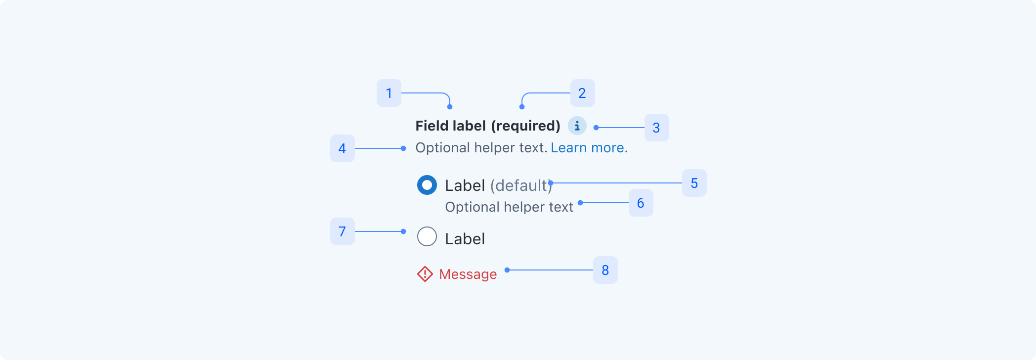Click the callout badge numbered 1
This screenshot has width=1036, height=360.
click(389, 93)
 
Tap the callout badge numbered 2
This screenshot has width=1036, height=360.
click(583, 93)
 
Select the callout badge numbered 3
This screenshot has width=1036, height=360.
click(657, 128)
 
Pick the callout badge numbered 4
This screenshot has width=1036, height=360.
click(343, 148)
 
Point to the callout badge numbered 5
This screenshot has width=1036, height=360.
click(694, 183)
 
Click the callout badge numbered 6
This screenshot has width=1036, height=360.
click(641, 203)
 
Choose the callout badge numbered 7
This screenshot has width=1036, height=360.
click(343, 231)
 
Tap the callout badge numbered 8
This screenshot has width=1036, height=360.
click(605, 270)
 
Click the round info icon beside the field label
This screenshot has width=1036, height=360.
click(577, 126)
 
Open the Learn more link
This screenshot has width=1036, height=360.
click(589, 148)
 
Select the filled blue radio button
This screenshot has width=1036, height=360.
click(427, 185)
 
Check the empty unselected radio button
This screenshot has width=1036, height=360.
click(427, 236)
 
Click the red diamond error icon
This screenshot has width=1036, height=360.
click(425, 274)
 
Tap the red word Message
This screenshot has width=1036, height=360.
click(468, 274)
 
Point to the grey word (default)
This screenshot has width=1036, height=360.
click(521, 185)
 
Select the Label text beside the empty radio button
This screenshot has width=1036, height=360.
click(465, 239)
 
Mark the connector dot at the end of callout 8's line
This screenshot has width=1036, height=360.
click(507, 270)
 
